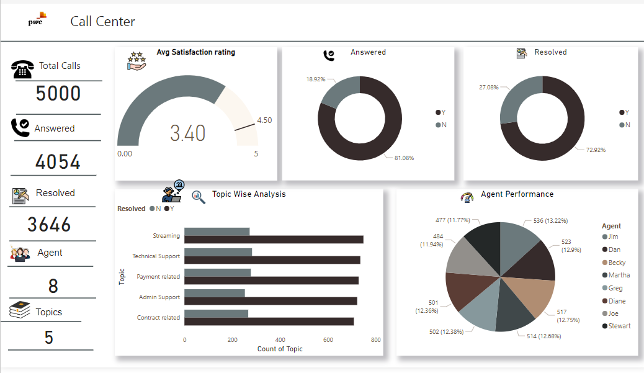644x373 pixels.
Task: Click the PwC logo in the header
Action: click(37, 20)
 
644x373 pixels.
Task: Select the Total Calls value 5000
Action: click(58, 94)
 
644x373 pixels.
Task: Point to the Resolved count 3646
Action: click(49, 225)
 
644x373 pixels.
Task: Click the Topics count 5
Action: click(48, 338)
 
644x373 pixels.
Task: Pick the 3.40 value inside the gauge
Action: click(187, 133)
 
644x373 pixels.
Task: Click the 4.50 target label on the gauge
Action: click(264, 120)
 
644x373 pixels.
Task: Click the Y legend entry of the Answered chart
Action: click(441, 112)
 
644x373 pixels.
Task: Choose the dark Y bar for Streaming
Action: click(274, 240)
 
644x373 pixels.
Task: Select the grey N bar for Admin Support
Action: click(215, 293)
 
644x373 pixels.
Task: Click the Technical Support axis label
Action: click(156, 256)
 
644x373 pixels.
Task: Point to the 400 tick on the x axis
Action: click(280, 340)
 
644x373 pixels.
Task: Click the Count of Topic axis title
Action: click(280, 349)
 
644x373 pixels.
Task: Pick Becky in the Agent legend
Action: click(617, 263)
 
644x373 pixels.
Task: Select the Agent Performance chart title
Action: click(517, 194)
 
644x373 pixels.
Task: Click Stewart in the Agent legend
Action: click(619, 326)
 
